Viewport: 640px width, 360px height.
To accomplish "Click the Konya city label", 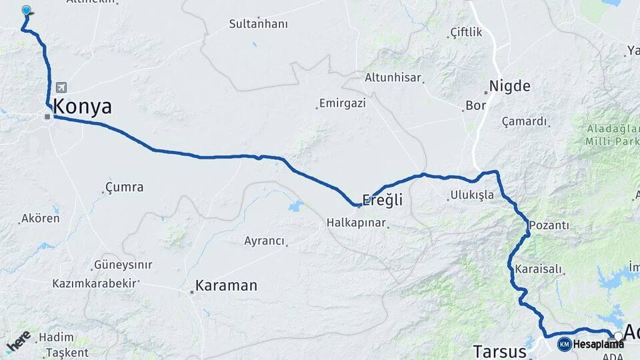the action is tap(82, 107).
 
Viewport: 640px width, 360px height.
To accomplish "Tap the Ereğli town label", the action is tap(383, 199).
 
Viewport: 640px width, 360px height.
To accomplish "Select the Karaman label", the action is tap(226, 286).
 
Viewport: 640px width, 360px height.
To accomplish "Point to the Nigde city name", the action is tap(510, 86).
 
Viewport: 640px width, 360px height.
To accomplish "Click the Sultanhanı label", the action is tap(258, 24).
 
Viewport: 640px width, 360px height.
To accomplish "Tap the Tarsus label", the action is tap(499, 351).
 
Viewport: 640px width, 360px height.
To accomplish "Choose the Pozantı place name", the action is tap(549, 226).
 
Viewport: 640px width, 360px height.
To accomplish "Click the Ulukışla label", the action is tap(471, 195).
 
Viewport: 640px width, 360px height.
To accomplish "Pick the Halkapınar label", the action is tap(357, 223).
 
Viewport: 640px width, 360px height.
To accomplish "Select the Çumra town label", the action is tap(125, 187).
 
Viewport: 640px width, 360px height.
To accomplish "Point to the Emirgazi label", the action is tap(343, 103).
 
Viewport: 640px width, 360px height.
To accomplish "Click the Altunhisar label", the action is tap(393, 77).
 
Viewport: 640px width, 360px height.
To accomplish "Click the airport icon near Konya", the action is tap(62, 87).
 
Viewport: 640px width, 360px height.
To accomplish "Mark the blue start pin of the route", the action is tap(27, 11).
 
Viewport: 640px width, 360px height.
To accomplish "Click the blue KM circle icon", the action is tap(565, 344).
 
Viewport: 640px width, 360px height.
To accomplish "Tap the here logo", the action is tap(18, 341).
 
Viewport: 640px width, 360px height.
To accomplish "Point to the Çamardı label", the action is tap(525, 121).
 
